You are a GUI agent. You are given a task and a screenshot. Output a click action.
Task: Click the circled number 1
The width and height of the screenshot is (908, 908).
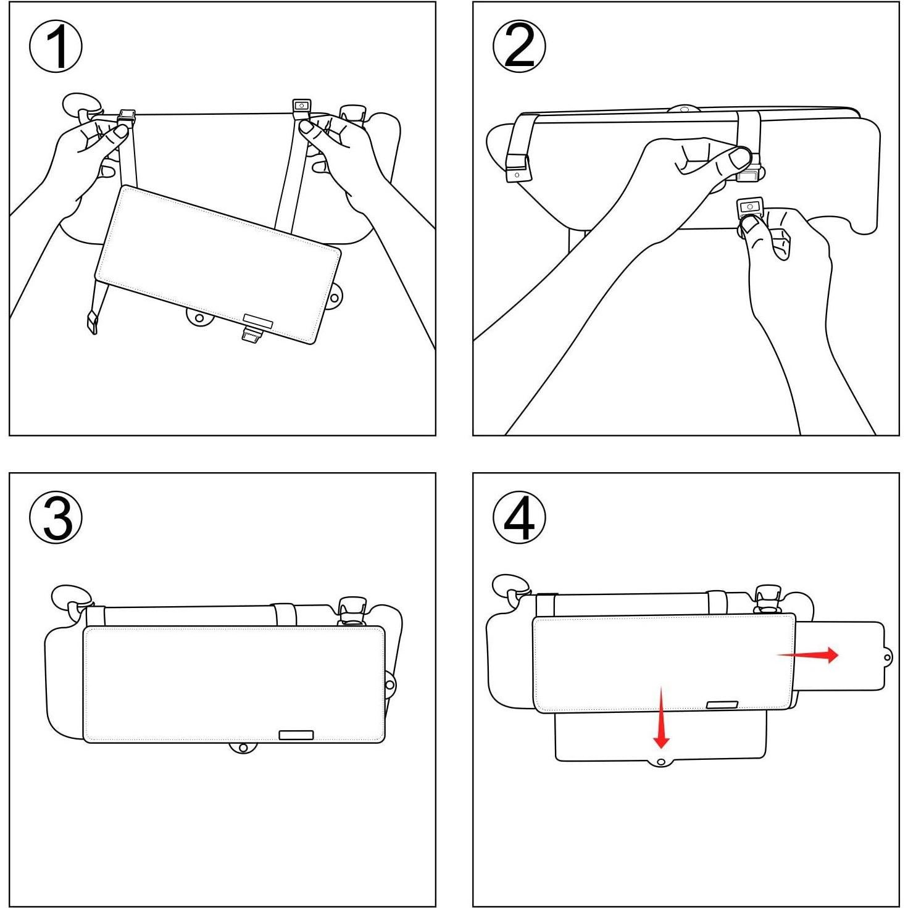(x=56, y=47)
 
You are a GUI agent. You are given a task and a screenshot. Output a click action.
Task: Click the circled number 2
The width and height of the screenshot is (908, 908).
(x=519, y=47)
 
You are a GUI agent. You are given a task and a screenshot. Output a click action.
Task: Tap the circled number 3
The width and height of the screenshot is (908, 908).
(x=56, y=517)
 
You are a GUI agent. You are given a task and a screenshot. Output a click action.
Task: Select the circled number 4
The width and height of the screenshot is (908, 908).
(x=519, y=517)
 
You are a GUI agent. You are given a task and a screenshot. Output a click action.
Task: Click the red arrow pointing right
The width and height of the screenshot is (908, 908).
(x=809, y=655)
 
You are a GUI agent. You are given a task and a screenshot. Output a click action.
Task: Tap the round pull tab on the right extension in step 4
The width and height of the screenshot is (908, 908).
(x=888, y=658)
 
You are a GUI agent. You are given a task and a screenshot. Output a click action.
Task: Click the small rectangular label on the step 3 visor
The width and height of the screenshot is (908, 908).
(x=296, y=735)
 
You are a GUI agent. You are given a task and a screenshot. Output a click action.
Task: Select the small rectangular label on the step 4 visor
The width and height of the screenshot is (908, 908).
(x=722, y=705)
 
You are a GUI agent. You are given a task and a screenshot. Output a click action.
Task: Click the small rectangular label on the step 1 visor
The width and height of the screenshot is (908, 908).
(x=258, y=319)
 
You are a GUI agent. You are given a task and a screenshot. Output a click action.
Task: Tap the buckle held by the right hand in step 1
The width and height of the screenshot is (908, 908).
(x=301, y=106)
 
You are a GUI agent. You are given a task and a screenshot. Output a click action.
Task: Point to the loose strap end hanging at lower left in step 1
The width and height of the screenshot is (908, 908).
(x=91, y=322)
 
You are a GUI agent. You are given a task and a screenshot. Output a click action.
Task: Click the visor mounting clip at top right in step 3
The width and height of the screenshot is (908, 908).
(x=352, y=610)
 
